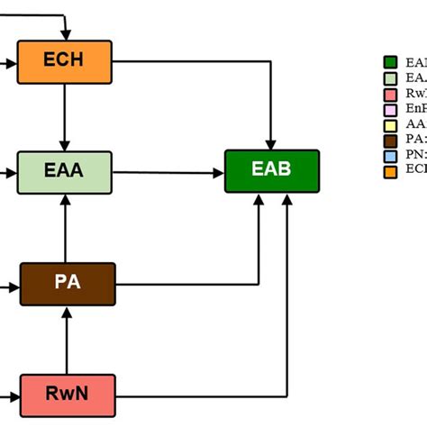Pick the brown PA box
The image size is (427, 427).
click(x=68, y=284)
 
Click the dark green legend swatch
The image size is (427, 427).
click(x=391, y=62)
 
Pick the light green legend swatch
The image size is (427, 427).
click(x=391, y=78)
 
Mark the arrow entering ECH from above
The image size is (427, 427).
click(x=65, y=27)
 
